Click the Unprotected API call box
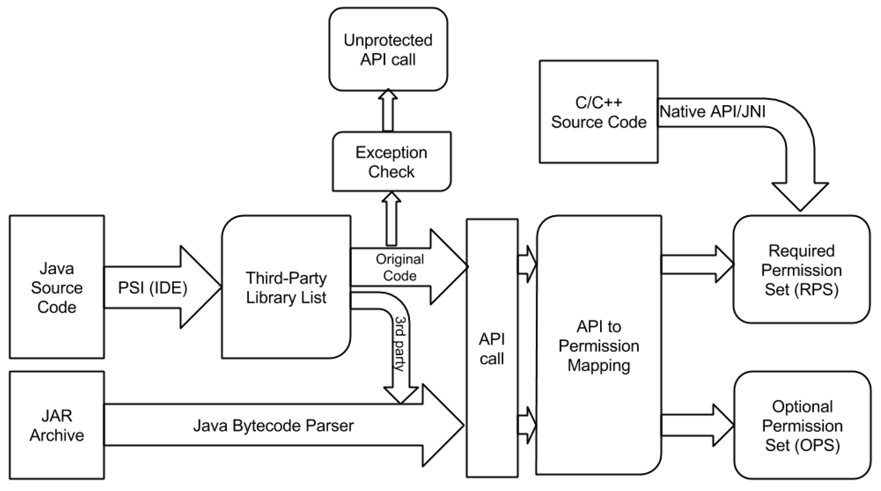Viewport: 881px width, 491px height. (x=388, y=50)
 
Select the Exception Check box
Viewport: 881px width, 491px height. (x=391, y=162)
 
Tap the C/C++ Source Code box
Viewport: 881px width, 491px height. (x=598, y=112)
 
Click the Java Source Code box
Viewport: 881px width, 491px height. (x=57, y=287)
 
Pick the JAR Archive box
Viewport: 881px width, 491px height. (x=57, y=425)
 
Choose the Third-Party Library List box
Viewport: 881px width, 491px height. (x=286, y=287)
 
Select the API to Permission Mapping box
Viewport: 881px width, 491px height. (x=599, y=345)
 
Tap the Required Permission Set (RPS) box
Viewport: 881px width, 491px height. (x=801, y=270)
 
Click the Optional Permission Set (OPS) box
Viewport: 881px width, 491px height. (x=802, y=425)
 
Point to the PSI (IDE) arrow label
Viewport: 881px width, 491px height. (x=153, y=288)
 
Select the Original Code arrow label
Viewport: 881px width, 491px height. (x=399, y=267)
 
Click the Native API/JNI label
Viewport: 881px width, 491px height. (x=712, y=112)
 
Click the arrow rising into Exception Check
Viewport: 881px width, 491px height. (x=391, y=219)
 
